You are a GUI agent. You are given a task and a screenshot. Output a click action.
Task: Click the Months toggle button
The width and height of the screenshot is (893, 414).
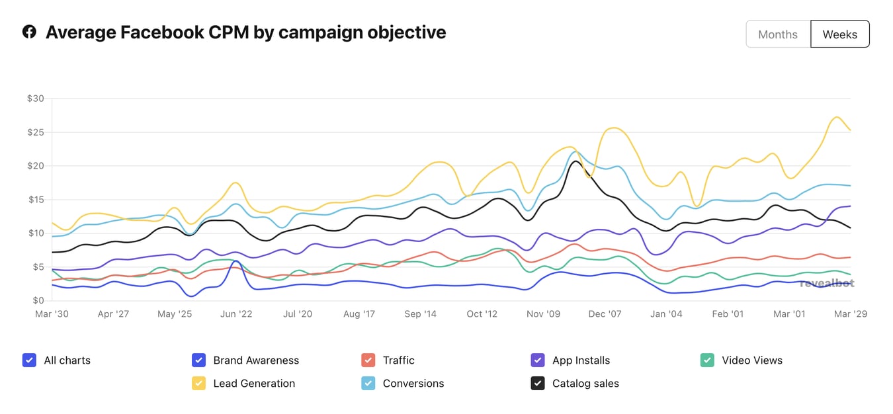778,34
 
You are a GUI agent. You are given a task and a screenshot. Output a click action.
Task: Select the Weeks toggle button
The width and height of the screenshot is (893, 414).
839,34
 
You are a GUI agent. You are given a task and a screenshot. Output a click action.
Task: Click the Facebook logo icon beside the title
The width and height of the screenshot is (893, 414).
29,32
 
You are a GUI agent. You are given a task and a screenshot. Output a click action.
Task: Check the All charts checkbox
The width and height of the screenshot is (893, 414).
29,360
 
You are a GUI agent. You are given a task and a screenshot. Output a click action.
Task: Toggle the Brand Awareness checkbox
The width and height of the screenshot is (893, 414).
198,360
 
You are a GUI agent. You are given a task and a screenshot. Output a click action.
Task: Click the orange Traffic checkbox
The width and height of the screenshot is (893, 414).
368,360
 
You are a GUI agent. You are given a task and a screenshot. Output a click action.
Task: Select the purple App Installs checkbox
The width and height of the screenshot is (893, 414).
538,360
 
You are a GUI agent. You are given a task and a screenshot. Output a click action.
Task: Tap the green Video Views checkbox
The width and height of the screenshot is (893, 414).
707,360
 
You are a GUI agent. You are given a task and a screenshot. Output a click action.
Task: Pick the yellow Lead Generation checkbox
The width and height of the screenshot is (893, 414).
198,383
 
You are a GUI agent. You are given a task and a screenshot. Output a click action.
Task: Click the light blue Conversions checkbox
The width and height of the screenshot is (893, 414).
368,383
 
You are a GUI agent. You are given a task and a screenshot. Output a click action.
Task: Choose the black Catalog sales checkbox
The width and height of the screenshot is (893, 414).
538,383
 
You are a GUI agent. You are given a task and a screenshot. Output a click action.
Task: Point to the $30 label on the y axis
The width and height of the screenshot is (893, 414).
35,99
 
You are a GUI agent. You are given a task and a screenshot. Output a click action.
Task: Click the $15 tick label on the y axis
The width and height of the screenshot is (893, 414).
35,200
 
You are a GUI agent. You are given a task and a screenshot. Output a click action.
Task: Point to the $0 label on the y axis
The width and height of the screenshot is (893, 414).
38,300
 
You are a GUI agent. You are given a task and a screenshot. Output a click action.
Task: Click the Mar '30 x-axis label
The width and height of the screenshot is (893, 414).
52,314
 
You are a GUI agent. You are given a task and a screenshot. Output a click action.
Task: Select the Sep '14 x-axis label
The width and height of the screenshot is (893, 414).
420,314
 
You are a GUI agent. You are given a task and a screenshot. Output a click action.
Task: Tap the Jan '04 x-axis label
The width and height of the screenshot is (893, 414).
666,314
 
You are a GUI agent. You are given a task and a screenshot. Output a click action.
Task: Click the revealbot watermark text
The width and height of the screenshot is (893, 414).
827,283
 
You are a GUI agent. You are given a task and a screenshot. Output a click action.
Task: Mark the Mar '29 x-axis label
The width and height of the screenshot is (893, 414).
850,314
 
